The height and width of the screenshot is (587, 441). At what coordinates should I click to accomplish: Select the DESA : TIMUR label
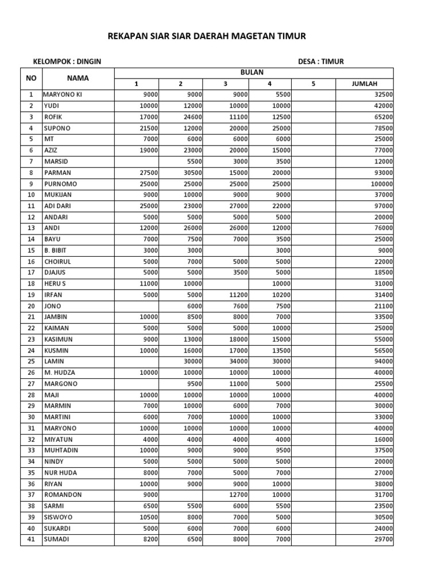pos(321,62)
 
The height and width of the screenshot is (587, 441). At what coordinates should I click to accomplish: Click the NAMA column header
pos(78,78)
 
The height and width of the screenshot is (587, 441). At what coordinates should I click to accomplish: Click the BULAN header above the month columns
pos(253,72)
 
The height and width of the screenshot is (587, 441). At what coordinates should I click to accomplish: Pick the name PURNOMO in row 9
pos(60,184)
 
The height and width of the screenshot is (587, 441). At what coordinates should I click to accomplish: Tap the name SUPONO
pos(57,128)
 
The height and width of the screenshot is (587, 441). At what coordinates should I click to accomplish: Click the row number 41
pos(31,539)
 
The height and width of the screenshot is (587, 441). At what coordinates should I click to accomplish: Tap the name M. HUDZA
pos(59,373)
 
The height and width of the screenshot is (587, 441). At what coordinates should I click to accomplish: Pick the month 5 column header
pos(314,84)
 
